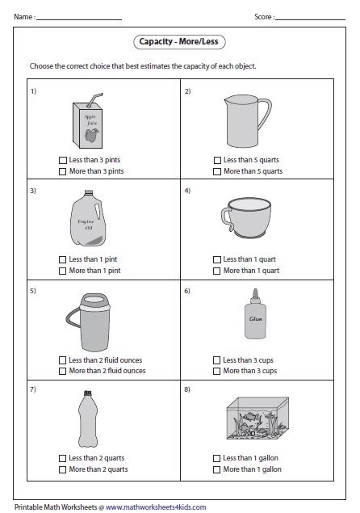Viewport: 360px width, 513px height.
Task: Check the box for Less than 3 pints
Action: pyautogui.click(x=62, y=160)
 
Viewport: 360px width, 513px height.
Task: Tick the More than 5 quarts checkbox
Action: pyautogui.click(x=217, y=171)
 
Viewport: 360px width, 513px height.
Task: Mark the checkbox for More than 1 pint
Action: pyautogui.click(x=62, y=271)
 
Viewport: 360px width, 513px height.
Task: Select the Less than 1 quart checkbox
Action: pyautogui.click(x=217, y=260)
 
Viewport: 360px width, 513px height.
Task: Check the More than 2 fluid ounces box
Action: pyautogui.click(x=62, y=371)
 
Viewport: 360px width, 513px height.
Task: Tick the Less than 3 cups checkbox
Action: pyautogui.click(x=217, y=360)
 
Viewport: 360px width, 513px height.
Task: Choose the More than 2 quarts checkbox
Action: pyautogui.click(x=62, y=470)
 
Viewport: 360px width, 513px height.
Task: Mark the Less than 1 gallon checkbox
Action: pyautogui.click(x=217, y=458)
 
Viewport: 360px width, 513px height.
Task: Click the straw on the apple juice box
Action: pyautogui.click(x=94, y=100)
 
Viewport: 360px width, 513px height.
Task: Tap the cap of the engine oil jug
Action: pyautogui.click(x=89, y=193)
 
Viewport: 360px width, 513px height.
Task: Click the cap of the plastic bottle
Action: pyautogui.click(x=88, y=393)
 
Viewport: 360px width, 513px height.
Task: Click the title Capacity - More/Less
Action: pyautogui.click(x=179, y=41)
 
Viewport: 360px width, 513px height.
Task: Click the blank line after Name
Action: pyautogui.click(x=79, y=19)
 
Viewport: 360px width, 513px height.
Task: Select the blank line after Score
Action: pyautogui.click(x=310, y=19)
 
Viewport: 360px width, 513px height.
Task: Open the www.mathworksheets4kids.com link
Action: pyautogui.click(x=156, y=507)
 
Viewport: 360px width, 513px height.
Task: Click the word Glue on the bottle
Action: pyautogui.click(x=255, y=318)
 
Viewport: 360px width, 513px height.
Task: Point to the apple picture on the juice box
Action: pyautogui.click(x=91, y=135)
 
